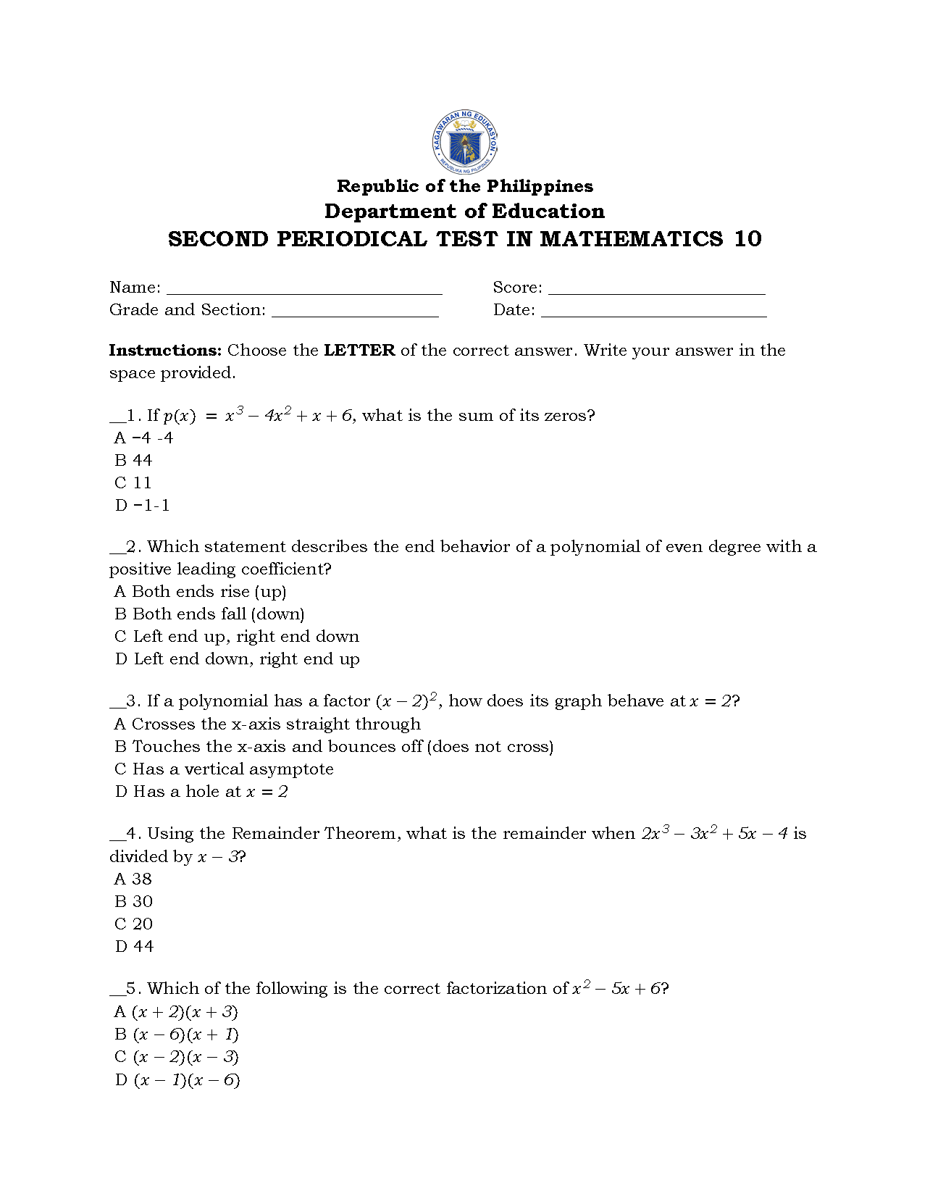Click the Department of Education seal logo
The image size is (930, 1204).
coord(464,143)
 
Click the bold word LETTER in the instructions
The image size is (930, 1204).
coord(359,351)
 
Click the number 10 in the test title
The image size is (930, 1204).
coord(747,239)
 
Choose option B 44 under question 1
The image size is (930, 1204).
coord(134,461)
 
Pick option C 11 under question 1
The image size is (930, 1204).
coord(134,483)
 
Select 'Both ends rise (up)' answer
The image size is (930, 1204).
coord(201,592)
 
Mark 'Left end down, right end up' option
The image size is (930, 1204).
coord(238,659)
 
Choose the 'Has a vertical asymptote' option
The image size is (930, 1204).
coord(225,769)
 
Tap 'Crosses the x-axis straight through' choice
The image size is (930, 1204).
coord(267,724)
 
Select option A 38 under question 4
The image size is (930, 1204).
coord(134,879)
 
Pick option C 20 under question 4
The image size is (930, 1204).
coord(134,924)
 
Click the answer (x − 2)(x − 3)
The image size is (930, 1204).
coord(177,1057)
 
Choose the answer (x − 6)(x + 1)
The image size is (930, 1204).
coord(177,1034)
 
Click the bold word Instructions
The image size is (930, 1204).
coord(165,351)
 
